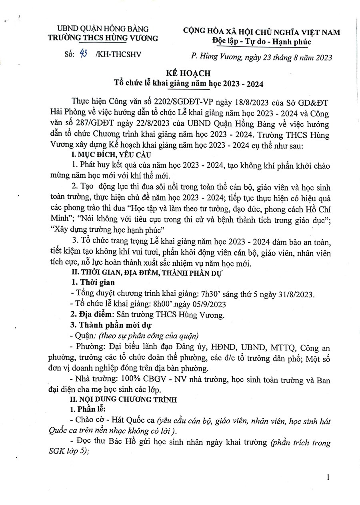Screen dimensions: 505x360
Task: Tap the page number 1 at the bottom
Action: pyautogui.click(x=329, y=477)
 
